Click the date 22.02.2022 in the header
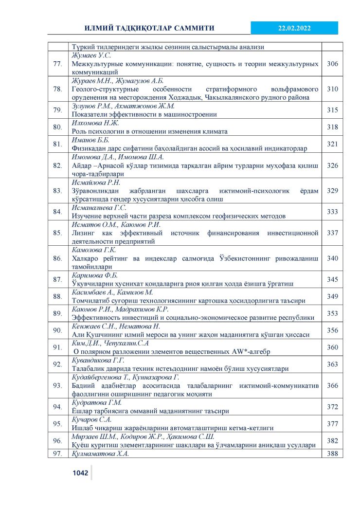click(294, 28)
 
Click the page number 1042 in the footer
click(80, 473)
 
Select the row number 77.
click(58, 64)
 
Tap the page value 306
click(332, 64)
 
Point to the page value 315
click(332, 110)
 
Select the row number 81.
click(58, 144)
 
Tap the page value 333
click(332, 212)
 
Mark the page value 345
click(332, 279)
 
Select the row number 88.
click(58, 296)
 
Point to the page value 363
click(332, 364)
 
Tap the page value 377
click(332, 424)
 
